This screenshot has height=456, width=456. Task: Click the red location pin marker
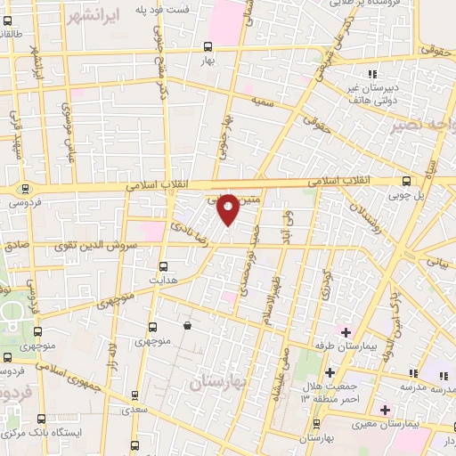pos(228,208)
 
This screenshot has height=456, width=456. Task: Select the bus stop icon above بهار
pos(207,45)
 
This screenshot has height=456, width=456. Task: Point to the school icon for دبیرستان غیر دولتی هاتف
pos(371,73)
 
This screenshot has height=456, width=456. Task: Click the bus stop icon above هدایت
pos(162,265)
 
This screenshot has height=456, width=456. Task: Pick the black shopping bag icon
pos(187,327)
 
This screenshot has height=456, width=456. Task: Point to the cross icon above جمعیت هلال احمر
pos(330,371)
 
